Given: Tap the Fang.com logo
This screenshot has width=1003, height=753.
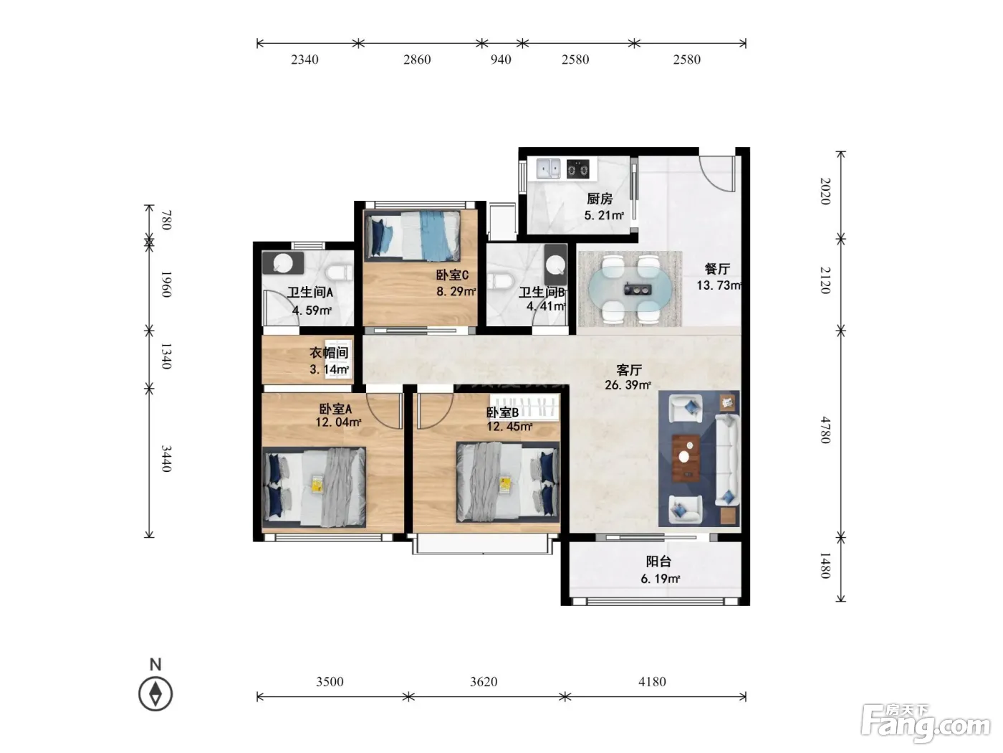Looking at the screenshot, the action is click(x=925, y=724).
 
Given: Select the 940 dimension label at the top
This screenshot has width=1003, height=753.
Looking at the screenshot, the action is click(x=501, y=60).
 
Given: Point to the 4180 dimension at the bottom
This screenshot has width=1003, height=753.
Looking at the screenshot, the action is click(x=652, y=682).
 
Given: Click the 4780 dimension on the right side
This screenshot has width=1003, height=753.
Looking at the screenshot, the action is click(x=825, y=430).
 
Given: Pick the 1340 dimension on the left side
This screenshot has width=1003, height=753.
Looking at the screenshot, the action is click(x=166, y=356).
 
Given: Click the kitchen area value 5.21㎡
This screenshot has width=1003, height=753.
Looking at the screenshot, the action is click(x=604, y=215).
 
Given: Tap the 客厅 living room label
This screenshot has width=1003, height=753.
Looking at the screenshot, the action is click(x=629, y=369).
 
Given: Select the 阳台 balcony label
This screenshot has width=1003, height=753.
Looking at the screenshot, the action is click(x=658, y=562).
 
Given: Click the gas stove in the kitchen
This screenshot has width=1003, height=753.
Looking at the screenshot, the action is click(x=577, y=169).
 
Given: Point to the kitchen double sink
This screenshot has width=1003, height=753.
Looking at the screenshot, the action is click(x=548, y=169).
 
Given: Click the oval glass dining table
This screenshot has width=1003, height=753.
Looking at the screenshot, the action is click(x=630, y=289).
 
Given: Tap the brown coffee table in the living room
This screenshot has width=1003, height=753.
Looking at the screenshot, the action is click(x=686, y=458).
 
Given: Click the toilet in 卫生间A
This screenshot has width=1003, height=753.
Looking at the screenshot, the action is click(x=339, y=273).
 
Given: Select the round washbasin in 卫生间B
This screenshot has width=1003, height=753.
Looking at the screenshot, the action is click(x=556, y=264).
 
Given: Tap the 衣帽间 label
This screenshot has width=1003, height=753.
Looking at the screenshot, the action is click(x=329, y=353).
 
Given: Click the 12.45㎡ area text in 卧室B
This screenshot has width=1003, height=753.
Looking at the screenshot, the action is click(x=509, y=427).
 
